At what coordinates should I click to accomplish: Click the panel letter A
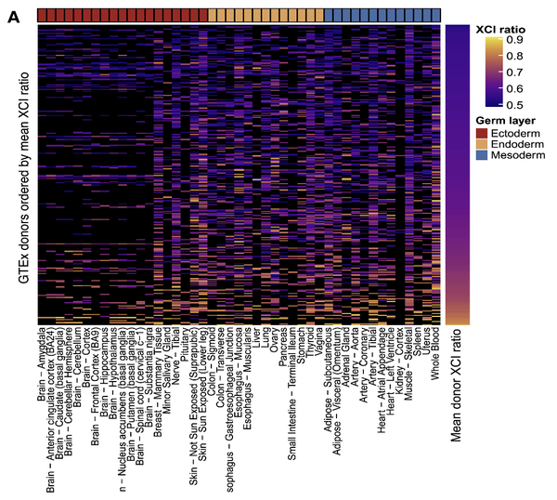pyautogui.click(x=12, y=17)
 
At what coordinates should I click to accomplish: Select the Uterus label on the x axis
pyautogui.click(x=423, y=341)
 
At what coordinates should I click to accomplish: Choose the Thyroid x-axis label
pyautogui.click(x=306, y=343)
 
